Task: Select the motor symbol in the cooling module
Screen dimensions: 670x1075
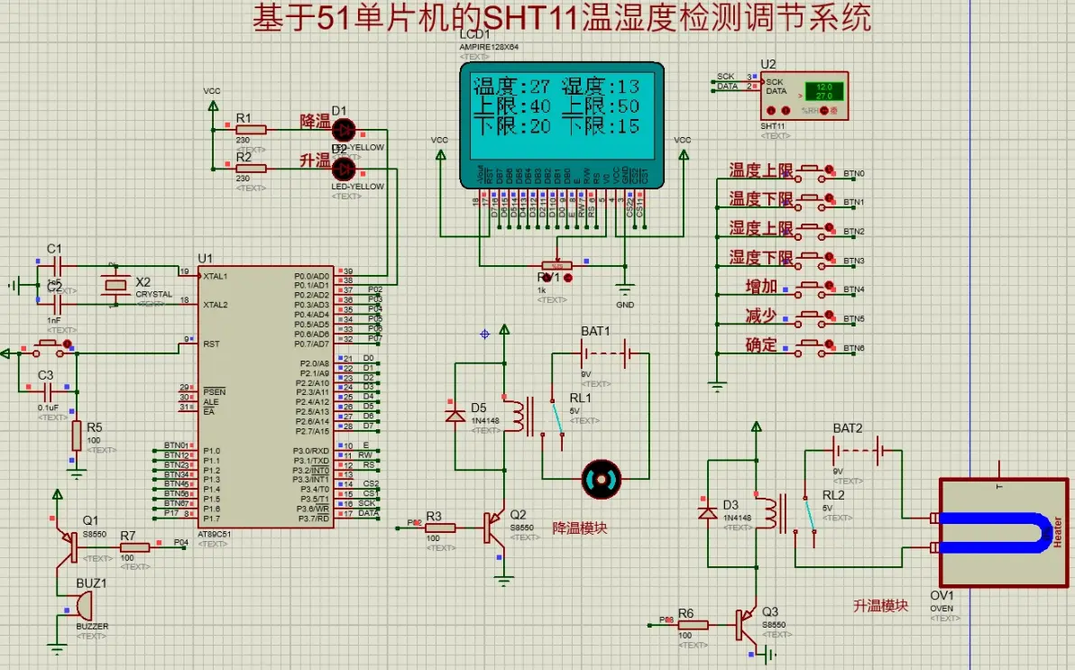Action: pos(603,479)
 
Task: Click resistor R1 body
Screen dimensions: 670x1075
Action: pos(251,130)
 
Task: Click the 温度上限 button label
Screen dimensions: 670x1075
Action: pos(760,170)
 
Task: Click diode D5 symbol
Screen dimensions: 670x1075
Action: pos(455,416)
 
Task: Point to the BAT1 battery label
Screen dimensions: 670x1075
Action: pos(595,331)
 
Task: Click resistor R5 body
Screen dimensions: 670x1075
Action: pos(77,436)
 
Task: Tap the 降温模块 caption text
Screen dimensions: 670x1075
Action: pos(580,528)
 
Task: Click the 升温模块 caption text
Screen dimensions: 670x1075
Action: pos(880,606)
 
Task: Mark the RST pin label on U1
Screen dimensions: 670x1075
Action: pos(211,344)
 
